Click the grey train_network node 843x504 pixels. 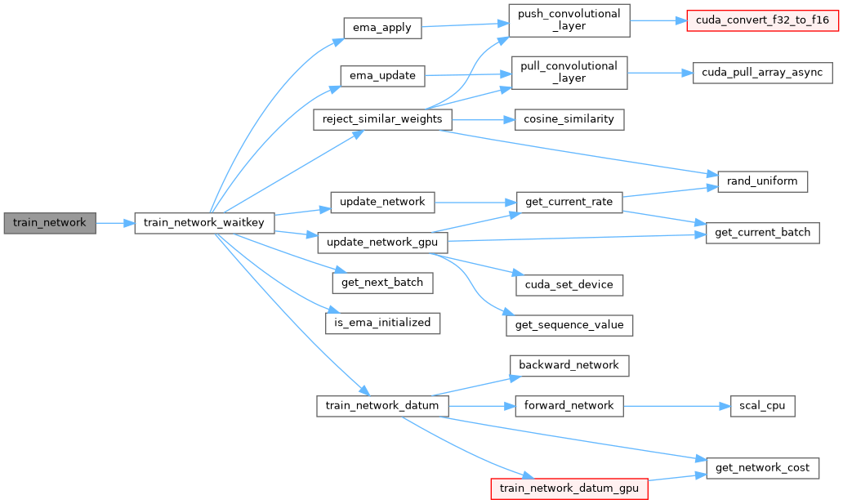pos(49,222)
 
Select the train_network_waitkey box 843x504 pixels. pos(203,222)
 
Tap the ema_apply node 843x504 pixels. pos(381,28)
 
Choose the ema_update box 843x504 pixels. pos(381,76)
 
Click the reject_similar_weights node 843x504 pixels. pos(381,119)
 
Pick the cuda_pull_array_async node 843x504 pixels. pos(761,72)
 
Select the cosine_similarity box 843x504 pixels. pos(569,119)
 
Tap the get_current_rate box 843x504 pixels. pos(569,201)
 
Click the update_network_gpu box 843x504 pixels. pos(381,242)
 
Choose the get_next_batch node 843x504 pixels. pos(381,283)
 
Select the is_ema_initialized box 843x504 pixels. pos(382,322)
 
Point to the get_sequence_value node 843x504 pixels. pos(569,324)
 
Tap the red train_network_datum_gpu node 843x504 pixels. pos(569,488)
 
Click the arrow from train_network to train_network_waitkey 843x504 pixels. pos(115,222)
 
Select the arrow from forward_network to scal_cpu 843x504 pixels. pos(670,405)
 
